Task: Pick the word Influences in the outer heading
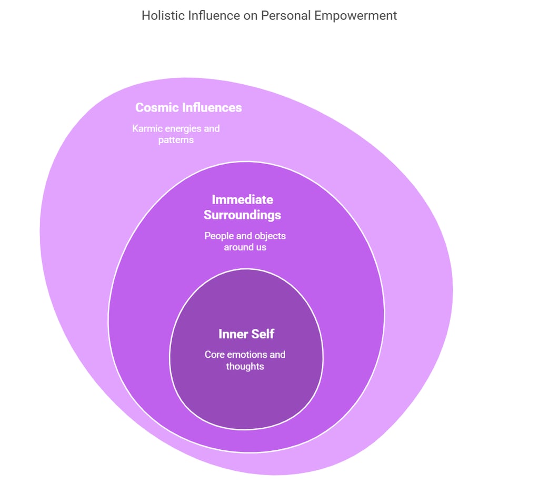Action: (x=212, y=108)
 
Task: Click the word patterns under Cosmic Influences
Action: (x=176, y=140)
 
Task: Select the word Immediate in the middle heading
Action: (x=242, y=200)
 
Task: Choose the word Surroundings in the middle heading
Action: (x=242, y=215)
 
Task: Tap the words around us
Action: (x=245, y=247)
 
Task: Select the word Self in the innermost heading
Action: (x=263, y=334)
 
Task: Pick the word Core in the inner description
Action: (x=215, y=355)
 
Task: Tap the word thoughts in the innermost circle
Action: (x=245, y=366)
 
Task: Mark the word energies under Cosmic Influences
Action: (x=189, y=128)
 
